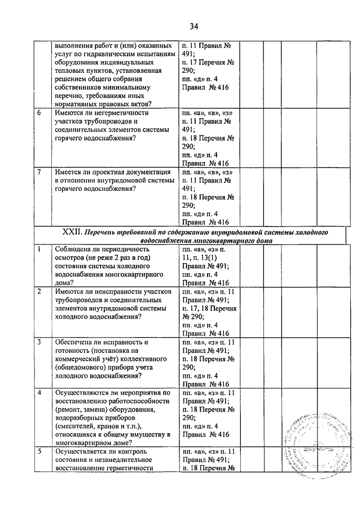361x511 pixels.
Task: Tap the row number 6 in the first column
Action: (x=39, y=113)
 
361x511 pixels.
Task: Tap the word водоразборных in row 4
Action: (x=80, y=418)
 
